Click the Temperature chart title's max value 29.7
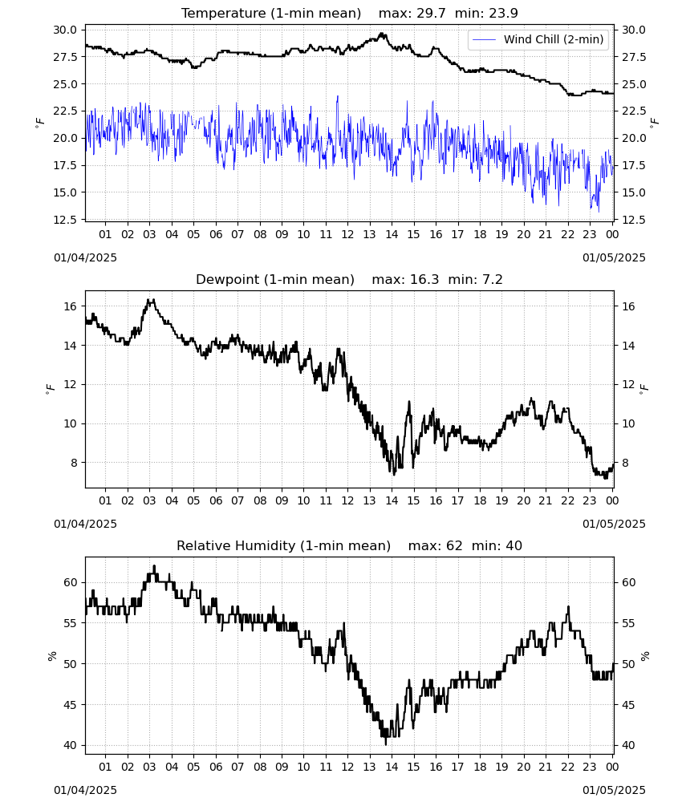(x=431, y=14)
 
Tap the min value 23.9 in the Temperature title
(x=503, y=14)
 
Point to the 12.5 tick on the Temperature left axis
(x=66, y=220)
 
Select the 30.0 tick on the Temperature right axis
(x=634, y=30)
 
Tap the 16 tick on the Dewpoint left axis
(x=71, y=307)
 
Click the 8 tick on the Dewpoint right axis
(x=625, y=463)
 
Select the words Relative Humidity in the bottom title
(x=237, y=545)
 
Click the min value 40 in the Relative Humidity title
(x=514, y=545)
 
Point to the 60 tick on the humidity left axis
(x=71, y=582)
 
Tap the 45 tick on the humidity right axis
(x=628, y=705)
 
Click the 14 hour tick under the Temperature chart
(x=392, y=234)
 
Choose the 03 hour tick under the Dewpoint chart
(x=149, y=500)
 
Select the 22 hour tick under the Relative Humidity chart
(x=567, y=767)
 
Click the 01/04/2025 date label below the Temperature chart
(x=85, y=257)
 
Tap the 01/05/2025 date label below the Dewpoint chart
(x=614, y=524)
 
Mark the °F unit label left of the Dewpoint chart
(x=50, y=391)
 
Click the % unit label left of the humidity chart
(x=51, y=656)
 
